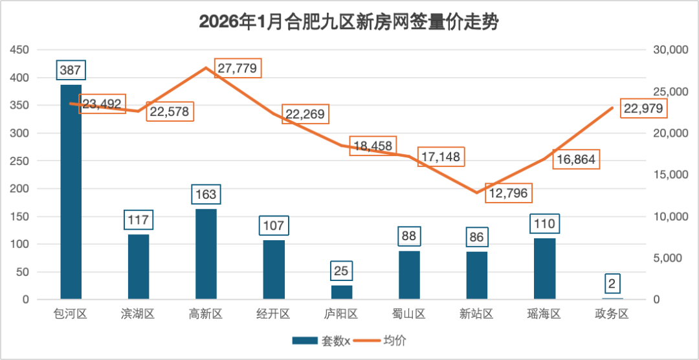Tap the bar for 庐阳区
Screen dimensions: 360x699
(x=342, y=292)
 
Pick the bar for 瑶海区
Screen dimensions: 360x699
(x=544, y=269)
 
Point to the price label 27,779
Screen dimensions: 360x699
(x=238, y=68)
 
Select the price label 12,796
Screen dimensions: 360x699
(x=507, y=193)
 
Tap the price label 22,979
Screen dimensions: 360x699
(x=643, y=109)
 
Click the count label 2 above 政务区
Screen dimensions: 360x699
(x=612, y=283)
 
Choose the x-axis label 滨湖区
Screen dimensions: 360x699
(x=138, y=315)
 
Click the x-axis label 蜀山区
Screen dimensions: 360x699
(x=409, y=315)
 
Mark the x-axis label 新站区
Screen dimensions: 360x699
(x=476, y=315)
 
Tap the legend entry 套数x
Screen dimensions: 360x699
(x=322, y=341)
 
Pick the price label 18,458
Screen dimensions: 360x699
(x=373, y=146)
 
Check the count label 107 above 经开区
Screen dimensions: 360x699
(x=274, y=227)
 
